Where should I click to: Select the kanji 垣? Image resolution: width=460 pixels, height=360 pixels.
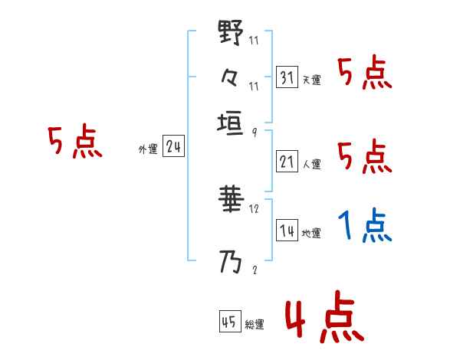click(231, 123)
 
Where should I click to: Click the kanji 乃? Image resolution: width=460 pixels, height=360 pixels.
click(231, 263)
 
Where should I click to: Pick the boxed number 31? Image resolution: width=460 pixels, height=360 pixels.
click(287, 77)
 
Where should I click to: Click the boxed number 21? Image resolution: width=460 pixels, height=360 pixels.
click(287, 162)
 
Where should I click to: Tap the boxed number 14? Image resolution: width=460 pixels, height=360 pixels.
click(287, 231)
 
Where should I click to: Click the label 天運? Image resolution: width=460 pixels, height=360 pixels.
click(311, 80)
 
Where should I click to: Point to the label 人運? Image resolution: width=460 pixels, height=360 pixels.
click(311, 164)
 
